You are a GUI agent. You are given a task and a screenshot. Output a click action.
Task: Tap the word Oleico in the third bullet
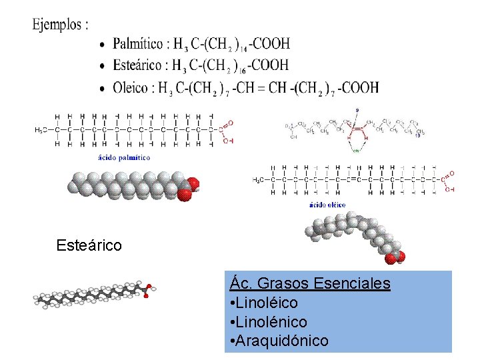131,87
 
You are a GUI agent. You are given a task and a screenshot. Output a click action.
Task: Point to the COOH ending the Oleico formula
361,87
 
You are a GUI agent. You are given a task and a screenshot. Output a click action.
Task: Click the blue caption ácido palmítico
124,158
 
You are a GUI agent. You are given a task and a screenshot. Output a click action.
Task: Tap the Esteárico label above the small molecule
89,245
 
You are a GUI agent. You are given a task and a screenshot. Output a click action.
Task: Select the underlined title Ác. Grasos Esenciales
310,283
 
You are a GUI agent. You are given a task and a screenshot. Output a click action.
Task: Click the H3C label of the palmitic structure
42,130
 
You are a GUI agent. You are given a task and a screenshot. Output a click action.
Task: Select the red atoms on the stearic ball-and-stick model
149,289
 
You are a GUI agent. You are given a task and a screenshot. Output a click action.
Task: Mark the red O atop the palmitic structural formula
231,123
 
